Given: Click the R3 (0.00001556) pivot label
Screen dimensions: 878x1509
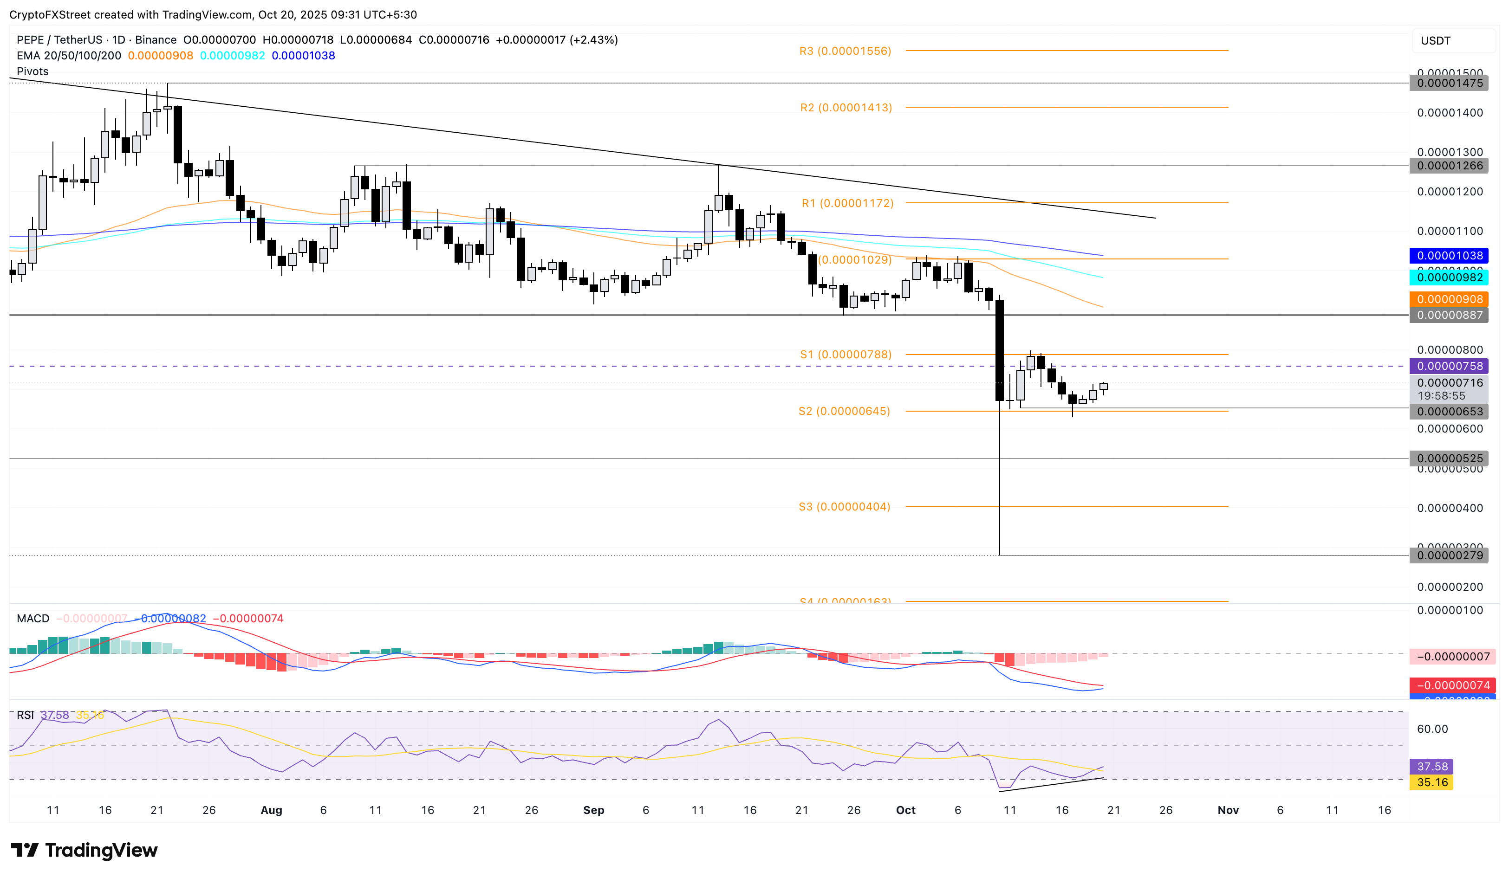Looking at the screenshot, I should [845, 52].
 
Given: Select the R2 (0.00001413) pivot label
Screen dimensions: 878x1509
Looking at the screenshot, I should [846, 108].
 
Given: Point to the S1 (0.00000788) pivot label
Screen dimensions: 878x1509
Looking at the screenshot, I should [846, 355].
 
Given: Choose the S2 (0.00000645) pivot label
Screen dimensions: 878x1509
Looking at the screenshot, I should [844, 411].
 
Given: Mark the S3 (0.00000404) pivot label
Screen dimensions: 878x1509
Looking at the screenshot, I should [844, 507].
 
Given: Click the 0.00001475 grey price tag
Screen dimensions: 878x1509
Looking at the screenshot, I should [1449, 83].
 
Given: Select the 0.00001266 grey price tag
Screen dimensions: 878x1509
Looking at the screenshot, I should [1449, 166].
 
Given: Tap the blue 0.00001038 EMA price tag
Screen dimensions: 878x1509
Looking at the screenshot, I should [1449, 256].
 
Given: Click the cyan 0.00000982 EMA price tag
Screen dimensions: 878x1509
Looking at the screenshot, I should [1449, 277].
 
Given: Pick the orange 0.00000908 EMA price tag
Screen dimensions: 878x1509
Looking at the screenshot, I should [1449, 299].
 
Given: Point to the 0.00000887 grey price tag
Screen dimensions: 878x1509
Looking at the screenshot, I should [1449, 316].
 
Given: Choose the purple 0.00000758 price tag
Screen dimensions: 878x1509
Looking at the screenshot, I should [1449, 366].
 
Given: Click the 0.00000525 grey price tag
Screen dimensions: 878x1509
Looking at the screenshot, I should [1449, 458].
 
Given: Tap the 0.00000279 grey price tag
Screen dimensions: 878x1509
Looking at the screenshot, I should [1449, 555].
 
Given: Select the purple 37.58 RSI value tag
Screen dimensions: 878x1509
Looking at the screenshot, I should [1432, 767].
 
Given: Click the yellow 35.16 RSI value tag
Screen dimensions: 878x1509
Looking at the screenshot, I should [1432, 783].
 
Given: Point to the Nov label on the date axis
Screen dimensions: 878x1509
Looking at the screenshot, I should [1228, 810].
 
